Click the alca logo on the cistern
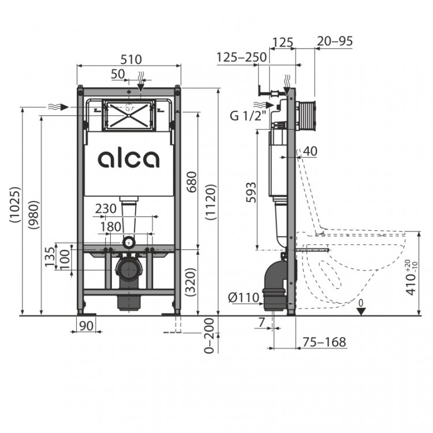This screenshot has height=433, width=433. click(129, 159)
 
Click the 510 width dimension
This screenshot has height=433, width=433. click(132, 59)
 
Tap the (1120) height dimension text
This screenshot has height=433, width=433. click(211, 202)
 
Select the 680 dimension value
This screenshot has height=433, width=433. click(191, 182)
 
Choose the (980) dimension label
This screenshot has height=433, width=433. click(33, 215)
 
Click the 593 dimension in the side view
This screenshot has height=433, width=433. click(251, 192)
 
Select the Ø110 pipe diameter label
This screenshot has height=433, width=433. click(244, 297)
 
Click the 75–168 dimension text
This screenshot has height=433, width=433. click(324, 342)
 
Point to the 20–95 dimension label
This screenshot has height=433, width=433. click(335, 41)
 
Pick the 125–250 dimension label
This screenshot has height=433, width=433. click(241, 57)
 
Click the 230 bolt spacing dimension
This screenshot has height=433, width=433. click(106, 208)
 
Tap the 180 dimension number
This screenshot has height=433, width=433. click(110, 227)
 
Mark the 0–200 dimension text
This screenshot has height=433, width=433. click(209, 335)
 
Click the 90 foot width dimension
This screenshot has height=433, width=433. click(86, 326)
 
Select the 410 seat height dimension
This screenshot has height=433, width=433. click(412, 278)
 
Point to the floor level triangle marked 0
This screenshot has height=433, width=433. click(361, 312)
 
